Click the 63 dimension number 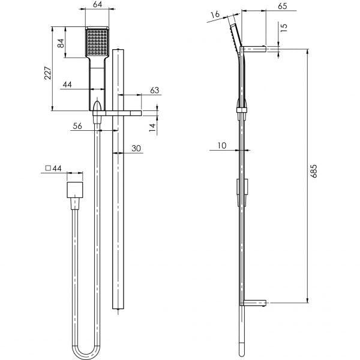(x=154, y=90)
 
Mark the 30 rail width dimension (x=136, y=148)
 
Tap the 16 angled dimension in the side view (x=214, y=14)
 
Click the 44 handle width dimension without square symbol (x=67, y=85)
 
